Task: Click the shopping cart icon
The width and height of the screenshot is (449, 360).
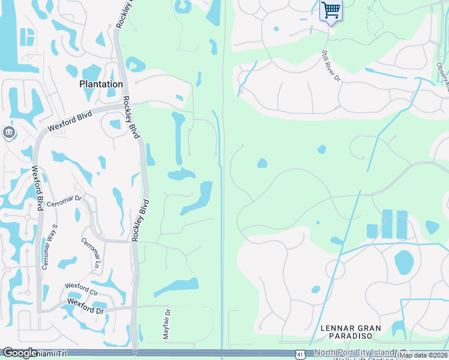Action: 330,10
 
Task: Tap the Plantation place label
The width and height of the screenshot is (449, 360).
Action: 101,85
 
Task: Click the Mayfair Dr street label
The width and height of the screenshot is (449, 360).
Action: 167,325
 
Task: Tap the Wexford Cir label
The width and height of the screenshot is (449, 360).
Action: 81,290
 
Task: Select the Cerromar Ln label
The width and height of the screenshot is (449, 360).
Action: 90,253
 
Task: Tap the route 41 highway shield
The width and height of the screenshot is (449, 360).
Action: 300,355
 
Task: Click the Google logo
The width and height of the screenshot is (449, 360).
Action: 20,353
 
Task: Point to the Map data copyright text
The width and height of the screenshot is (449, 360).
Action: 424,355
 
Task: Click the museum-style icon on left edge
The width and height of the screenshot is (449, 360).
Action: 8,132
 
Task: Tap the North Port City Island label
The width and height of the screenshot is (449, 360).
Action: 355,352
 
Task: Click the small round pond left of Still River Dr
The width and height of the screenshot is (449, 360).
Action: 276,28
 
